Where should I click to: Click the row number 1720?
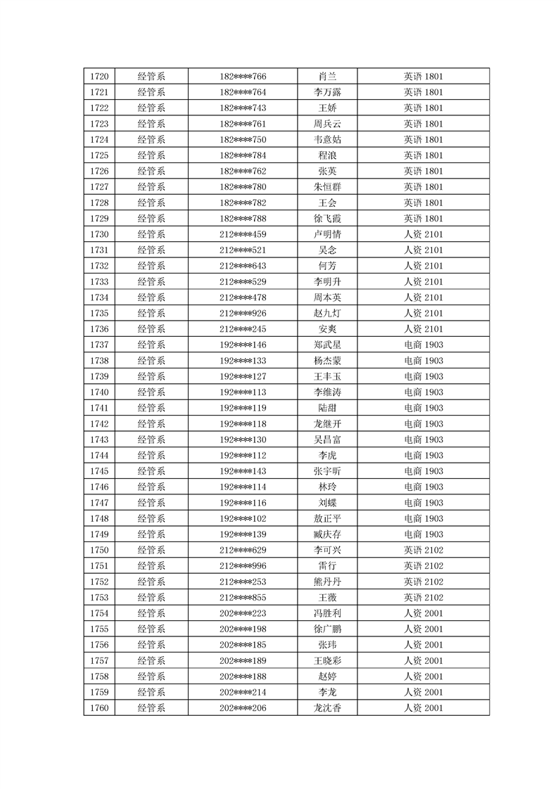click(x=99, y=76)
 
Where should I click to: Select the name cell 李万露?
click(x=327, y=92)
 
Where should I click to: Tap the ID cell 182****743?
click(x=243, y=108)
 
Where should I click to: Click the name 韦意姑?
click(x=327, y=139)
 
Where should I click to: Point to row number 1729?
click(x=99, y=218)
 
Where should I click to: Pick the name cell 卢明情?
click(x=327, y=234)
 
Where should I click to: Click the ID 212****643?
click(x=243, y=266)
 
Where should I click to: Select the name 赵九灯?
click(x=327, y=313)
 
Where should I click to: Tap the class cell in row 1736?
click(x=423, y=328)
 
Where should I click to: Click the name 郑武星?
click(x=327, y=345)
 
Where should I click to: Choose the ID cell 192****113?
click(x=243, y=392)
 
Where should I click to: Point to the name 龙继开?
click(x=327, y=423)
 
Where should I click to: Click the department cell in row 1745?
click(x=151, y=470)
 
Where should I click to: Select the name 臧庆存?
click(x=327, y=534)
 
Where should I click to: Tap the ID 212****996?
click(x=243, y=565)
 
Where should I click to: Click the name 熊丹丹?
click(x=327, y=582)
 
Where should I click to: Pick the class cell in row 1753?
click(x=423, y=597)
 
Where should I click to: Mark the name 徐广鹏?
click(x=327, y=629)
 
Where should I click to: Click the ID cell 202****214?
click(x=243, y=692)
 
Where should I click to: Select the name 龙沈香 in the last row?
click(x=327, y=707)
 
